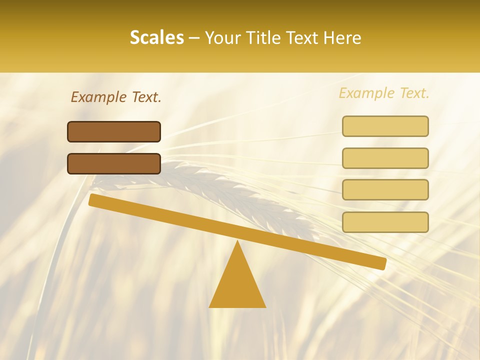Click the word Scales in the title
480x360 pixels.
click(x=156, y=38)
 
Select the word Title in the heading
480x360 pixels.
click(x=262, y=38)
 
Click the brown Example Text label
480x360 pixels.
click(x=116, y=97)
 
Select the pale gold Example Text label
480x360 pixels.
click(x=384, y=93)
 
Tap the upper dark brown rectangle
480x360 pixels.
click(x=114, y=131)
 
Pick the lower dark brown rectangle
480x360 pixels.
click(x=114, y=163)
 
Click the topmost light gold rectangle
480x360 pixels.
click(x=385, y=126)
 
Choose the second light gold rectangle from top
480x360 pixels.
click(x=385, y=158)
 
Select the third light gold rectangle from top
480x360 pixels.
click(x=385, y=189)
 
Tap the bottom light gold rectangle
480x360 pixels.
click(x=385, y=222)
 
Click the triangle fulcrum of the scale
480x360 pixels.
click(x=237, y=282)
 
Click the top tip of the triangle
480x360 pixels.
click(x=237, y=242)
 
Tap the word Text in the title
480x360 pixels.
click(x=301, y=38)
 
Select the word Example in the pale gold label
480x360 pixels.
click(x=367, y=93)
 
